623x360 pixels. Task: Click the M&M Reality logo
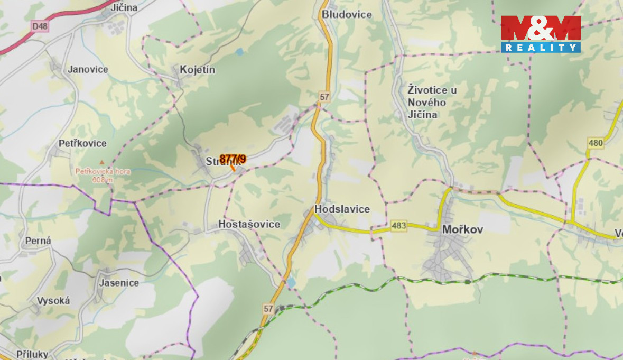(541, 34)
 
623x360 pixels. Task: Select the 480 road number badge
(595, 143)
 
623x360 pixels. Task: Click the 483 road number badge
(399, 226)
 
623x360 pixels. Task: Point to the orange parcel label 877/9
(233, 159)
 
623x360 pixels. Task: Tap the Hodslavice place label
(342, 209)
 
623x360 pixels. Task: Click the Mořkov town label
(462, 229)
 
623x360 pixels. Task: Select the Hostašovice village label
(249, 224)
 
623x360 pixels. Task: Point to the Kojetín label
(198, 69)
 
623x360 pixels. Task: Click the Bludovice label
(347, 14)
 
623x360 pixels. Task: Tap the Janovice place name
(88, 69)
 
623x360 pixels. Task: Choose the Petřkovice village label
(82, 143)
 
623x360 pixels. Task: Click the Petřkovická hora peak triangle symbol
(102, 162)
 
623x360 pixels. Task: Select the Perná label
(38, 241)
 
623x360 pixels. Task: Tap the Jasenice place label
(119, 282)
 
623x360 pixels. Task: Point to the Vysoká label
(53, 301)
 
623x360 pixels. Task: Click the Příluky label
(32, 354)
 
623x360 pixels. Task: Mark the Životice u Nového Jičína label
(432, 102)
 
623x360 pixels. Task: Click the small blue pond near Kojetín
(240, 52)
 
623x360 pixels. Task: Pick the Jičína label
(124, 7)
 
